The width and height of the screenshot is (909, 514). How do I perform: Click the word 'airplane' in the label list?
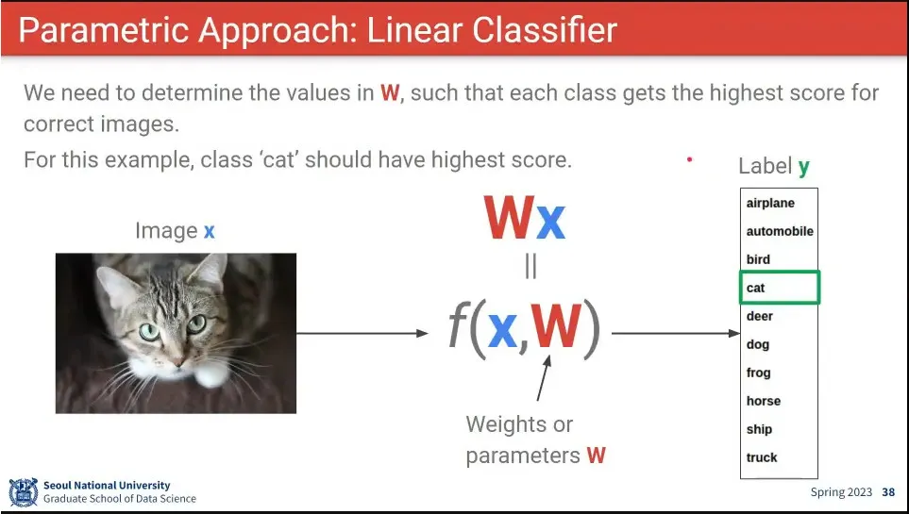[770, 204]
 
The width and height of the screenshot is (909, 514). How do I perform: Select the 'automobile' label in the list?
[780, 231]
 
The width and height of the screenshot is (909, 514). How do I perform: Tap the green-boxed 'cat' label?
[780, 288]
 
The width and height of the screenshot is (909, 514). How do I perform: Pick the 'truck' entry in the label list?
[762, 457]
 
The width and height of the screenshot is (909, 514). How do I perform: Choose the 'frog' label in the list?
[758, 373]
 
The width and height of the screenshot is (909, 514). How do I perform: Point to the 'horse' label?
[763, 401]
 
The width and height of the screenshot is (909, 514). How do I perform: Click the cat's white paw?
[211, 374]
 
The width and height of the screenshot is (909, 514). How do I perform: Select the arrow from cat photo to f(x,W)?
[362, 333]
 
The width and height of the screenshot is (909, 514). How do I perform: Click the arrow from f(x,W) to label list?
[676, 333]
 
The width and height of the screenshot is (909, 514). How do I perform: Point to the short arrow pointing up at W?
[543, 378]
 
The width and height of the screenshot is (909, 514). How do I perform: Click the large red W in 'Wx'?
[510, 218]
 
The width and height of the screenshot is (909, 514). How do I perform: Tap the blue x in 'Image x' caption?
[210, 232]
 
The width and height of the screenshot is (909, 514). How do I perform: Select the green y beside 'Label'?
[803, 168]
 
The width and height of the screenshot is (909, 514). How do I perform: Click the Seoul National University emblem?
[24, 492]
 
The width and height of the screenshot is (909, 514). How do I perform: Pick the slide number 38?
[888, 492]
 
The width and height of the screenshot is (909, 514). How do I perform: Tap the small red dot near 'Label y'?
[689, 159]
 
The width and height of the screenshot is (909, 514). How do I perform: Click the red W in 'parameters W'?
[596, 456]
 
